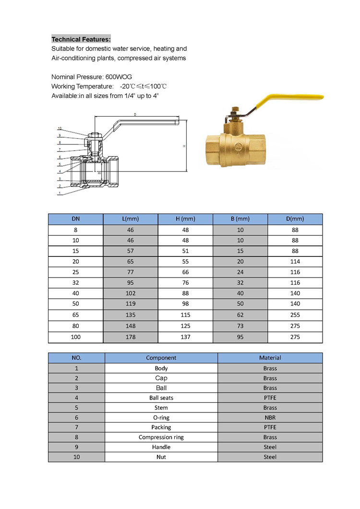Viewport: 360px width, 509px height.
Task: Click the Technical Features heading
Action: [x=81, y=39]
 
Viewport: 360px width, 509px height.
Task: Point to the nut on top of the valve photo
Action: [x=235, y=110]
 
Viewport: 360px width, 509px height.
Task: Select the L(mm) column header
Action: [x=131, y=219]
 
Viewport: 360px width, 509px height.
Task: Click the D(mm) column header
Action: [x=295, y=219]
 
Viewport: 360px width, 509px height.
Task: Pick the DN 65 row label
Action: [x=76, y=315]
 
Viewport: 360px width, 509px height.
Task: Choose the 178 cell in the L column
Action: [x=131, y=337]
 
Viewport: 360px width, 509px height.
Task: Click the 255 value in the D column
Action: [x=295, y=315]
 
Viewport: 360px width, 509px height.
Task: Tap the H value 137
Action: [x=185, y=337]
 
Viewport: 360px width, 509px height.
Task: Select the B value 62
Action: [x=240, y=315]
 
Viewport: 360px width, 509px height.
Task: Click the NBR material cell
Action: [x=270, y=417]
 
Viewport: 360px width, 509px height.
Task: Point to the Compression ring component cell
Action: [x=161, y=437]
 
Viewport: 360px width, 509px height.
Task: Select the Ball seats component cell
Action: [x=161, y=398]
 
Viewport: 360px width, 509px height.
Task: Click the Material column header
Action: [x=270, y=358]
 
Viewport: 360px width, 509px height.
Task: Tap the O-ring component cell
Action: [x=161, y=417]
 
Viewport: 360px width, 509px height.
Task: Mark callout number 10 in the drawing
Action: [x=60, y=129]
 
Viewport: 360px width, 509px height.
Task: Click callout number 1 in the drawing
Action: [x=60, y=194]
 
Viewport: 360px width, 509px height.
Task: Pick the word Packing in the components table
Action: [x=161, y=427]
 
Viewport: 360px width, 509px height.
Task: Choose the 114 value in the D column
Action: [x=295, y=262]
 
